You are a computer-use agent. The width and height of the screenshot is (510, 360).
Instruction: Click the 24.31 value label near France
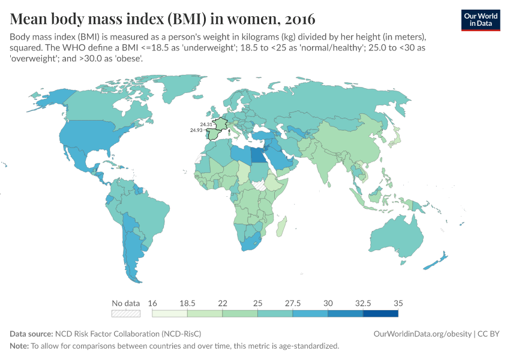[206, 124]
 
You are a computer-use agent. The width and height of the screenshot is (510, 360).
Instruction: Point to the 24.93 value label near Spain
[196, 130]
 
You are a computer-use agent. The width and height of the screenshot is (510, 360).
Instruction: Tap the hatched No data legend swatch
[126, 313]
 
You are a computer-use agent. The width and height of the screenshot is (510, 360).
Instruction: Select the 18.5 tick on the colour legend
[187, 303]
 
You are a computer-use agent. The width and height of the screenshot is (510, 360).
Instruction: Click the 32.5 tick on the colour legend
[363, 303]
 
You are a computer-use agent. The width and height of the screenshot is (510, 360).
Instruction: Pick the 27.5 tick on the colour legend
[293, 303]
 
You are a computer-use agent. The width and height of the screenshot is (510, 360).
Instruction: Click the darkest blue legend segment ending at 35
[380, 313]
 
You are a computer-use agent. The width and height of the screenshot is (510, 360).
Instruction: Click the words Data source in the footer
[31, 334]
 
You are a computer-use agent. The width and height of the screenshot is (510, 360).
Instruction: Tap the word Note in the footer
[19, 346]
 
